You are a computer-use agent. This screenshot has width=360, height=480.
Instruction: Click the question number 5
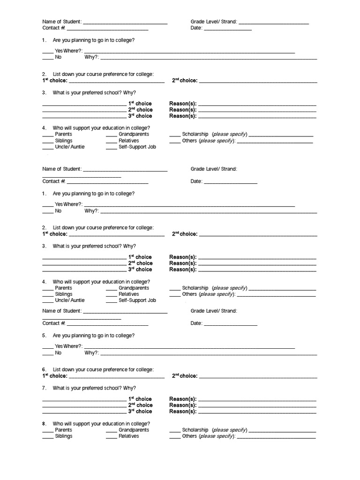[x=44, y=336]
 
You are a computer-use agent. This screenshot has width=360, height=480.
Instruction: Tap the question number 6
[x=44, y=370]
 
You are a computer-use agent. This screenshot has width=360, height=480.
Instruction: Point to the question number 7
[x=44, y=388]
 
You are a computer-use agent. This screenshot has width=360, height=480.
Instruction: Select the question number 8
[x=44, y=423]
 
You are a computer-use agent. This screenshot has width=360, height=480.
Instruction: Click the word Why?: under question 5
[x=91, y=352]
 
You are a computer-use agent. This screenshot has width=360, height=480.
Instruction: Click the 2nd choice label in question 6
[x=184, y=376]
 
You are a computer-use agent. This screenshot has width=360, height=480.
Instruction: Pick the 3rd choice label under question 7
[x=140, y=411]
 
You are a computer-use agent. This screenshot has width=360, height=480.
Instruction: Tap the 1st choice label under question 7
[x=140, y=399]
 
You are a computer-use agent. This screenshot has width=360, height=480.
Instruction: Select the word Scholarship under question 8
[x=195, y=430]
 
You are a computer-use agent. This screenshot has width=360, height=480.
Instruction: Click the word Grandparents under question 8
[x=134, y=430]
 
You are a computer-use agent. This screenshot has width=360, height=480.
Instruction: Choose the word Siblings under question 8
[x=64, y=436]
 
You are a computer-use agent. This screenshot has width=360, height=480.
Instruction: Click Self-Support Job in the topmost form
[x=137, y=147]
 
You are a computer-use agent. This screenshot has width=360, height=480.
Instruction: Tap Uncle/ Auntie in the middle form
[x=70, y=300]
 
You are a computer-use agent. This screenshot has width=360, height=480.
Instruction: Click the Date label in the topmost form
[x=196, y=28]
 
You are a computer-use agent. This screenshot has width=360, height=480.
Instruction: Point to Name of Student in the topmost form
[x=62, y=22]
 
